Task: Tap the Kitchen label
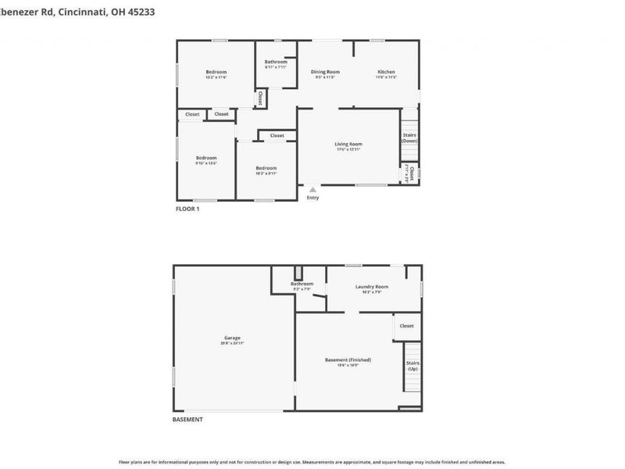tap(386, 72)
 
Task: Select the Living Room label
tap(348, 144)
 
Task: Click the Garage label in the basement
tap(232, 338)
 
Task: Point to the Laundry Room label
tap(371, 287)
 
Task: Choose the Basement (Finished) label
tap(348, 360)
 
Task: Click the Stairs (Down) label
tap(409, 138)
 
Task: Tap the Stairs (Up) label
tap(412, 365)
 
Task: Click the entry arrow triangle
tap(312, 188)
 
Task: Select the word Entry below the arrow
tap(312, 198)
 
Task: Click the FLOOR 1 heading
tap(187, 209)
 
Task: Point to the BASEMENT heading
tap(187, 420)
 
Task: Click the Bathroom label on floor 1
tap(275, 62)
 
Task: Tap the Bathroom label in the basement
tap(302, 284)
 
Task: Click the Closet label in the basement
tap(406, 326)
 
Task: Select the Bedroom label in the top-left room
tap(216, 72)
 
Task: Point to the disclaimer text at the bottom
tap(312, 462)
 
